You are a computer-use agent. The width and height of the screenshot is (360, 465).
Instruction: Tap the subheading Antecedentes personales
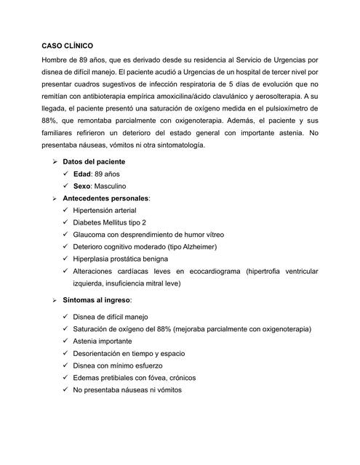[x=106, y=198]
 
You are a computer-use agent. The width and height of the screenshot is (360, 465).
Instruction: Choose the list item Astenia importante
[x=103, y=341]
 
